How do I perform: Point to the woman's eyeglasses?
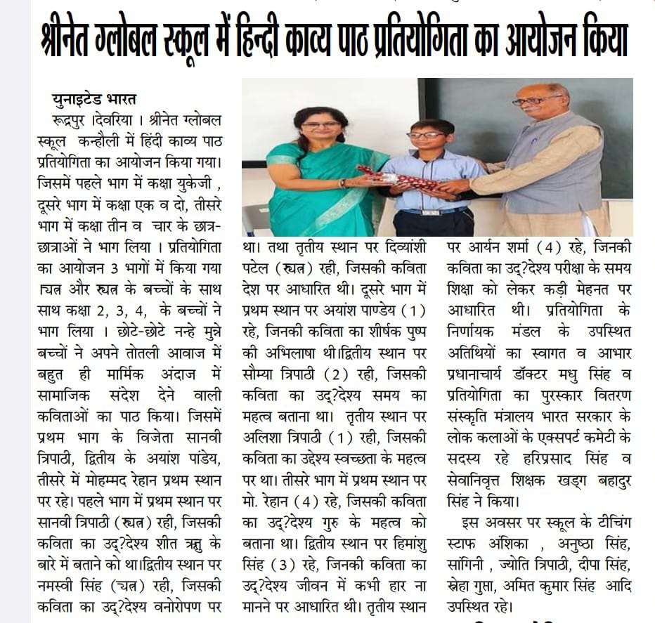[x=320, y=125]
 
